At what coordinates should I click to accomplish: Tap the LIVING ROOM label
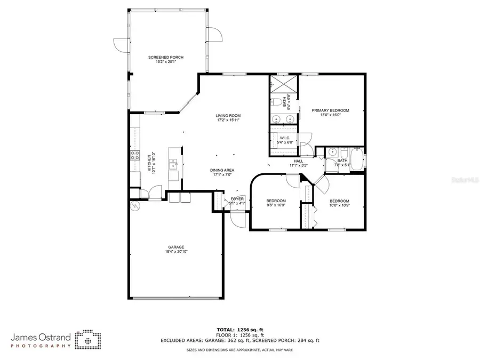(x=228, y=116)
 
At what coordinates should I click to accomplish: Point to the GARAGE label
(x=176, y=247)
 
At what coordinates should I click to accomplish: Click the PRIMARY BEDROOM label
(x=330, y=110)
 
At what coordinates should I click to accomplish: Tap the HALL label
(x=298, y=161)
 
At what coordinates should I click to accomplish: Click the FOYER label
(x=237, y=198)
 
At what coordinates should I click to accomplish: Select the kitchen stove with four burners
(x=134, y=156)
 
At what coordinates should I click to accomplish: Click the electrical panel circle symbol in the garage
(x=133, y=205)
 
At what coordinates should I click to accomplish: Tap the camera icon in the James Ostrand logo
(x=87, y=339)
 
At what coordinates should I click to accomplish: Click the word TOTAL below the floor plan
(x=224, y=330)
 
